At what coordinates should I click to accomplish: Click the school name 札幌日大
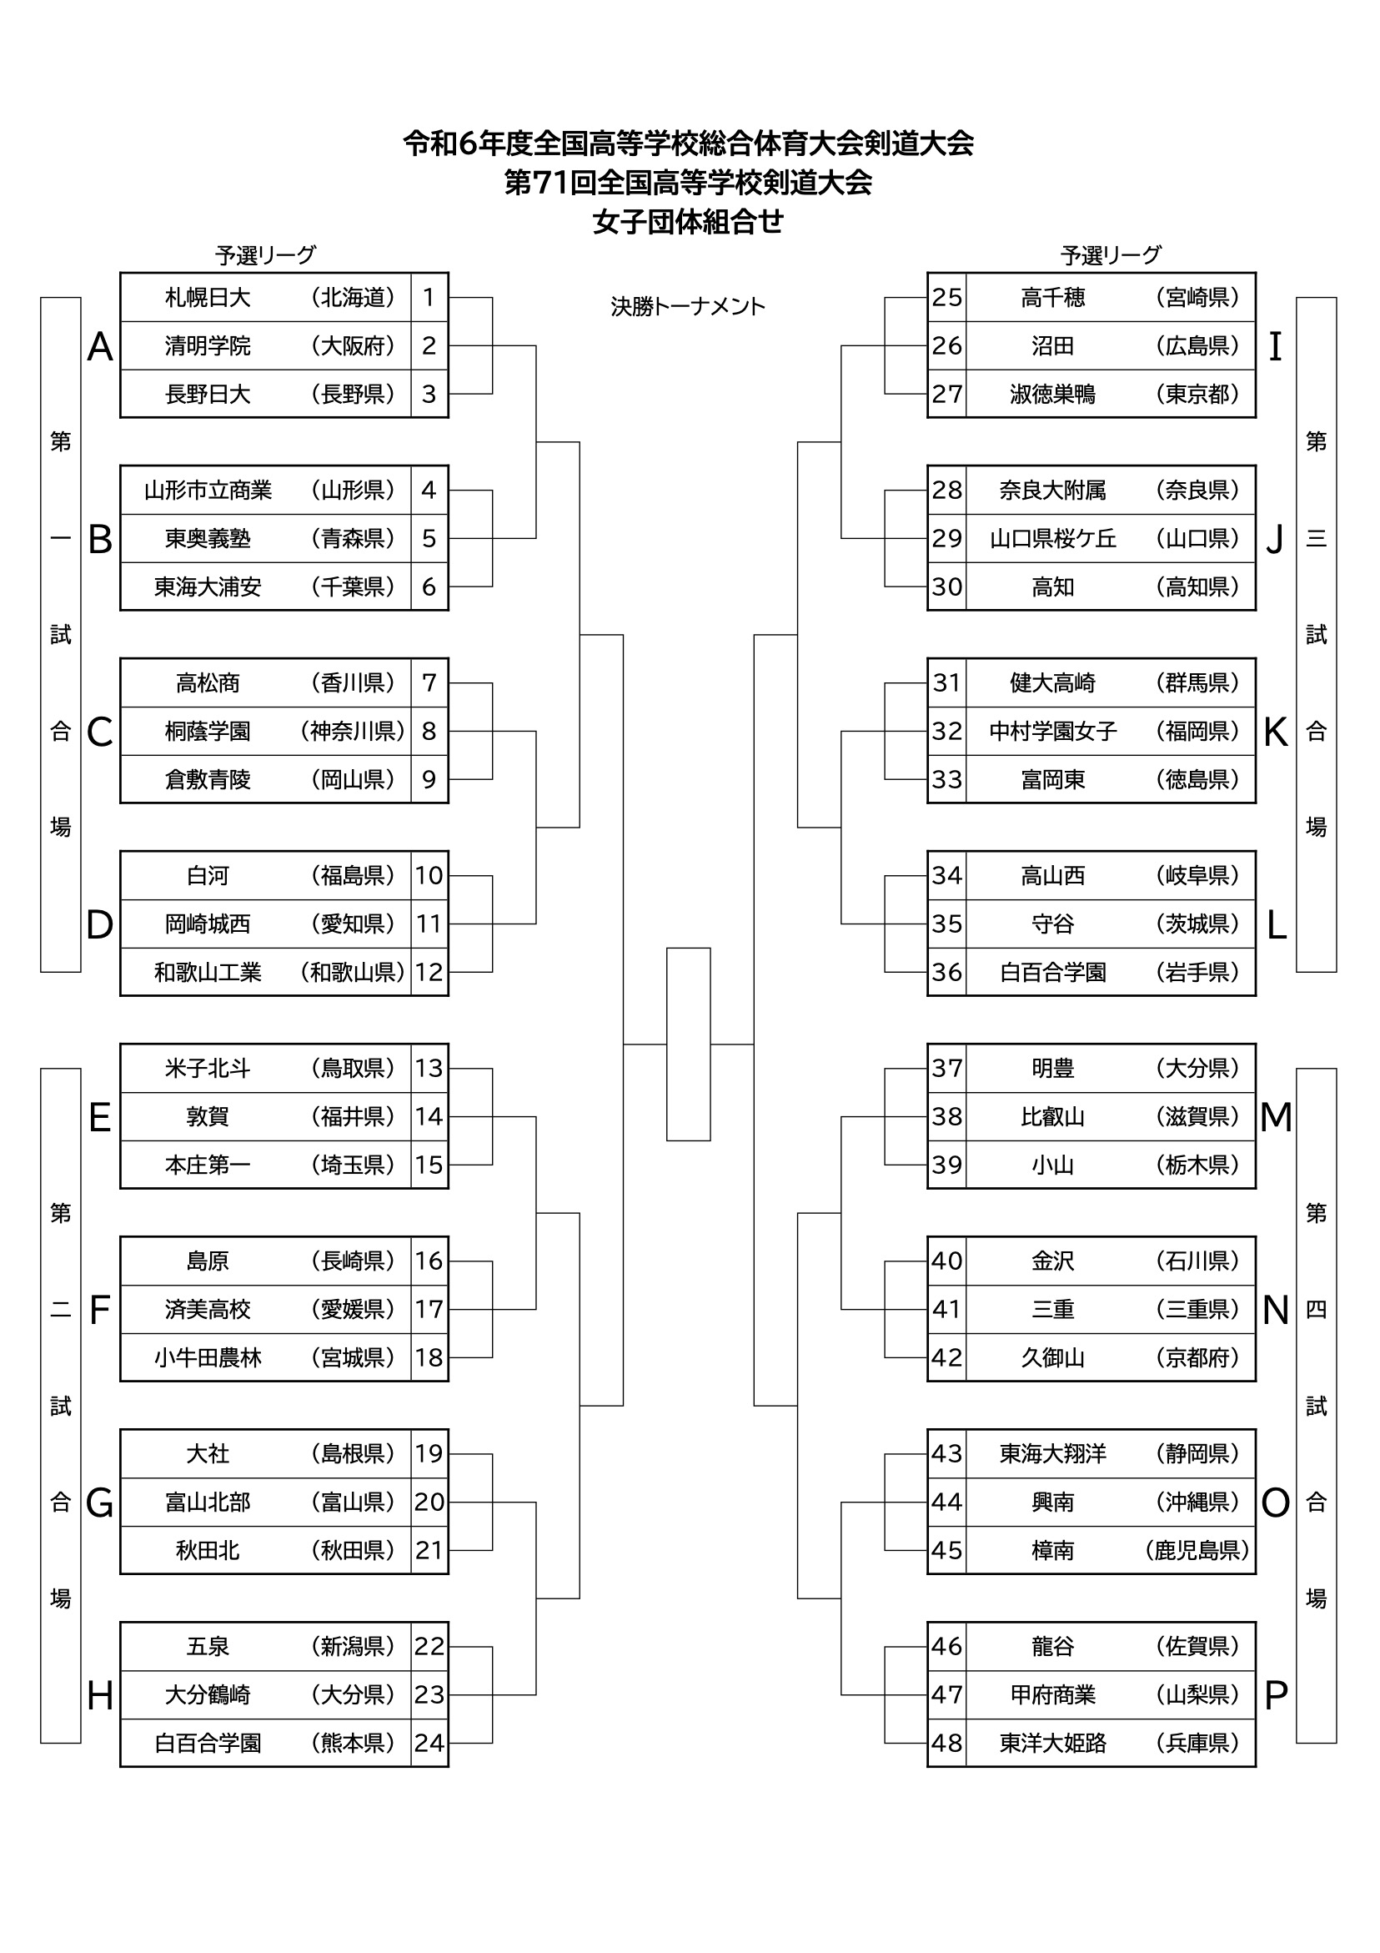click(x=208, y=298)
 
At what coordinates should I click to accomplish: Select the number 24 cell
click(x=429, y=1744)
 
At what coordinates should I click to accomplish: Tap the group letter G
click(x=99, y=1503)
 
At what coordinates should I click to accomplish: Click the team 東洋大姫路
click(x=1052, y=1744)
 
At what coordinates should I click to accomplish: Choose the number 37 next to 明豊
click(x=946, y=1069)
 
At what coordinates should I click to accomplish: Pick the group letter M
click(x=1276, y=1117)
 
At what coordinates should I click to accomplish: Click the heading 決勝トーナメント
click(x=688, y=307)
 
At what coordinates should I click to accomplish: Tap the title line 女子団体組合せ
click(x=688, y=222)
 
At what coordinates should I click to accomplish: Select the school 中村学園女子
click(x=1052, y=732)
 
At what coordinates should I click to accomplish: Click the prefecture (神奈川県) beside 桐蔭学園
click(x=353, y=732)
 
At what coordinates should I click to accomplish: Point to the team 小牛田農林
click(x=208, y=1358)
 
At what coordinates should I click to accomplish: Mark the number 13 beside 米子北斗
click(x=429, y=1069)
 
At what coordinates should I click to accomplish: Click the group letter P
click(x=1276, y=1695)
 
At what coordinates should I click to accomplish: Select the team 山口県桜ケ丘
click(x=1052, y=538)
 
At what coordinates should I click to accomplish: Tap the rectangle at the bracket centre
click(x=688, y=1044)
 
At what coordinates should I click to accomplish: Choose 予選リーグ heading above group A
click(x=265, y=255)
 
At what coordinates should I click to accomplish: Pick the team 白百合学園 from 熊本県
click(x=208, y=1744)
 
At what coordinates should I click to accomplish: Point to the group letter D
click(x=99, y=924)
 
